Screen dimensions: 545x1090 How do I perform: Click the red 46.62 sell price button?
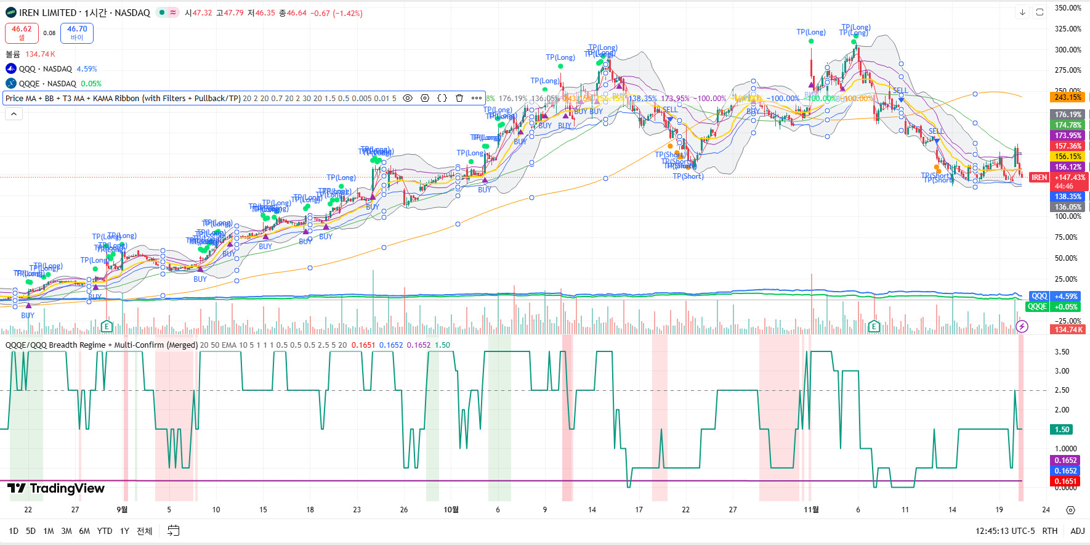[22, 33]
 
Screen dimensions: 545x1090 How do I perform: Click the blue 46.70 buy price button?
[77, 33]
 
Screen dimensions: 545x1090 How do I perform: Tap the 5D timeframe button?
[31, 531]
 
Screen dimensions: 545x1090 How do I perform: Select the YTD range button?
[105, 531]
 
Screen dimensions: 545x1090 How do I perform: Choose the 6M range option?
[84, 531]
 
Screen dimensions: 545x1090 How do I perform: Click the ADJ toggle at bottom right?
[1077, 531]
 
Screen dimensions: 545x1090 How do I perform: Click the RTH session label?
[1049, 531]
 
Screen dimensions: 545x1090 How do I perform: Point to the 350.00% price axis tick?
[1068, 8]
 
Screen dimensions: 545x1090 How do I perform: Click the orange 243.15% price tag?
[1068, 97]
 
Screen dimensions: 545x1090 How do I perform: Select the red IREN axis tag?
[1039, 178]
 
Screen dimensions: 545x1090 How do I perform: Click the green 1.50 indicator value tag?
[1062, 430]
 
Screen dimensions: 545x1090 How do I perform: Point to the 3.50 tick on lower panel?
[1062, 352]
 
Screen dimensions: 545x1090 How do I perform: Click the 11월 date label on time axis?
[811, 510]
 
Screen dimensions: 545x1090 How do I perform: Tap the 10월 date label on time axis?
[451, 510]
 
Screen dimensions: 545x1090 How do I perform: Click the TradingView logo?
[56, 489]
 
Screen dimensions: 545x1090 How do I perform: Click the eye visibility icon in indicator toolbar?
[408, 98]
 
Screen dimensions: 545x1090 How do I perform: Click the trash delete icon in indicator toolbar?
[459, 98]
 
